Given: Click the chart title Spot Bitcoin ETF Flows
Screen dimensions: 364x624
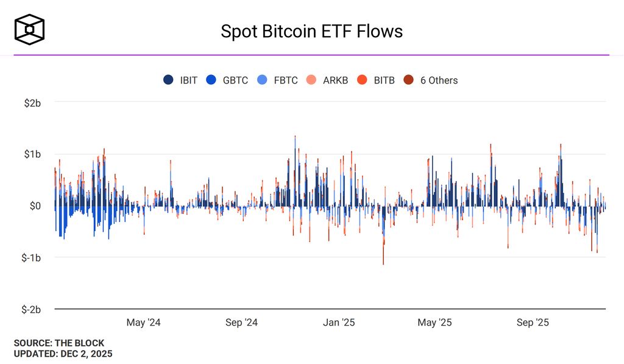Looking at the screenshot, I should click(311, 31).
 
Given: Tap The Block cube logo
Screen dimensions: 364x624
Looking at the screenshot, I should click(29, 30).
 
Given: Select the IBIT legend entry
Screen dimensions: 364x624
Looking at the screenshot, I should click(180, 80).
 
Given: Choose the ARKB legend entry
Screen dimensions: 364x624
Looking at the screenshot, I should click(327, 80).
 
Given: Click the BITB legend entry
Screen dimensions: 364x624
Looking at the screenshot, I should click(376, 80).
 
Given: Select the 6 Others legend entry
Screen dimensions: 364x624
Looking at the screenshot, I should click(431, 80).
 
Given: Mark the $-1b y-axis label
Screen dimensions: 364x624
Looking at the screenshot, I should click(30, 258).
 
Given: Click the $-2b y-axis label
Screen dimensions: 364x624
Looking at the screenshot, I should click(30, 309).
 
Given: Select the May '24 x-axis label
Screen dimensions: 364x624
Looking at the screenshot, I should click(144, 323).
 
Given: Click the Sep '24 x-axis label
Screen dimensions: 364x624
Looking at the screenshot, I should click(241, 323).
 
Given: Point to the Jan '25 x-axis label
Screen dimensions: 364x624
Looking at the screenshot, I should click(339, 323).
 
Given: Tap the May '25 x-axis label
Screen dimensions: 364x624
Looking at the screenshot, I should click(435, 323).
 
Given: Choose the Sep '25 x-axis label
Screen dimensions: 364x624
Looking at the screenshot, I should click(533, 323).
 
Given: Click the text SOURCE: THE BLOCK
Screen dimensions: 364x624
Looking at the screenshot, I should click(59, 343).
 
